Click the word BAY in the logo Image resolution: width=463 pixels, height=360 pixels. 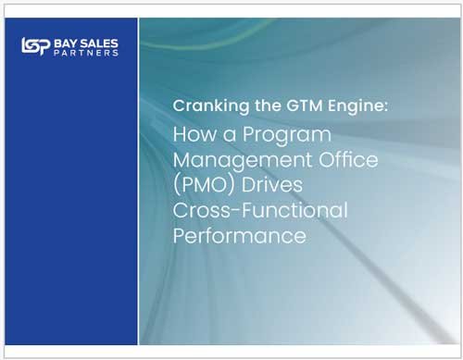tap(68, 42)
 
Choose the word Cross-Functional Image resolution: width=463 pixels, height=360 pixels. tap(260, 209)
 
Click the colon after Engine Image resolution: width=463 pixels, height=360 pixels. tap(386, 107)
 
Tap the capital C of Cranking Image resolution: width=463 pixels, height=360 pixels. tap(179, 106)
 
